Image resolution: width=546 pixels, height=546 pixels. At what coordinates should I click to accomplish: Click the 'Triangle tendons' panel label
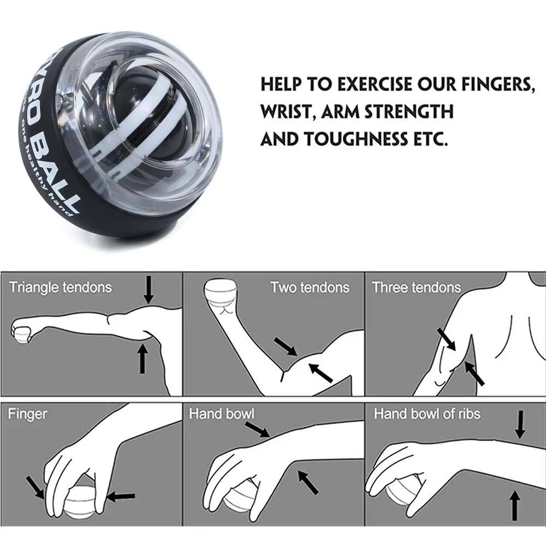pos(60,287)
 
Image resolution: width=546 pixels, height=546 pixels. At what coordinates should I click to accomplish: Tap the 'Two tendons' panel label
pos(310,287)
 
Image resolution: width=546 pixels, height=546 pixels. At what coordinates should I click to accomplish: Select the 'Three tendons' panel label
pos(416,287)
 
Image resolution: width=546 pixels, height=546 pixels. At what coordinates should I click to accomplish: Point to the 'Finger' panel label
pos(27,414)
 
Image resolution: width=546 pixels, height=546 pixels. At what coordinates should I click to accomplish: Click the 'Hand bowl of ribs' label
pos(427,414)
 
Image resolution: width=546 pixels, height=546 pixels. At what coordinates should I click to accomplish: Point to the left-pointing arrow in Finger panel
pos(121,496)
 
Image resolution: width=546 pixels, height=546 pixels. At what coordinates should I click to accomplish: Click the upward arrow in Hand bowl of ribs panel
pos(513,505)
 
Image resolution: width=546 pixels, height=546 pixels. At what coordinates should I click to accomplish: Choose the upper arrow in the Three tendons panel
pos(446,339)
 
